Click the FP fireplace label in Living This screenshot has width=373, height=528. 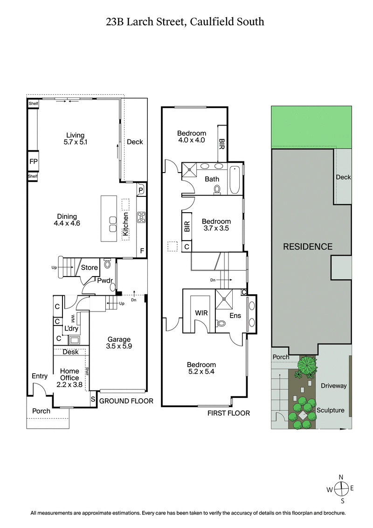coord(33,162)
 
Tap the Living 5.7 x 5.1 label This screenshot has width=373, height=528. coord(75,139)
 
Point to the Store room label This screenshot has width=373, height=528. coord(90,267)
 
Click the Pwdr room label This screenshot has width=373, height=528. coord(104,281)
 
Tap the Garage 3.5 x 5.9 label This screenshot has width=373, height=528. coord(119,343)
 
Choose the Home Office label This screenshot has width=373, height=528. coord(69,375)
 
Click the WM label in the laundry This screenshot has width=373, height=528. coord(73,319)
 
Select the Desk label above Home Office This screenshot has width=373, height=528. coord(70,352)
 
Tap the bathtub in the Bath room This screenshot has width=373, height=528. coord(234,180)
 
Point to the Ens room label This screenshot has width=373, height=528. coord(235,316)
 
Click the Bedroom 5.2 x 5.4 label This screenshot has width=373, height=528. coord(201,368)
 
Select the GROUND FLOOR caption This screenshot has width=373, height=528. coord(126,401)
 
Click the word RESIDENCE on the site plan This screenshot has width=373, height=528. coord(308,246)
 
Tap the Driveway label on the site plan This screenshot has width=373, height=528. coord(333,386)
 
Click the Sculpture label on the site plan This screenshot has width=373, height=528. coord(331,410)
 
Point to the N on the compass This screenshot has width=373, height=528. coord(341,477)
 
